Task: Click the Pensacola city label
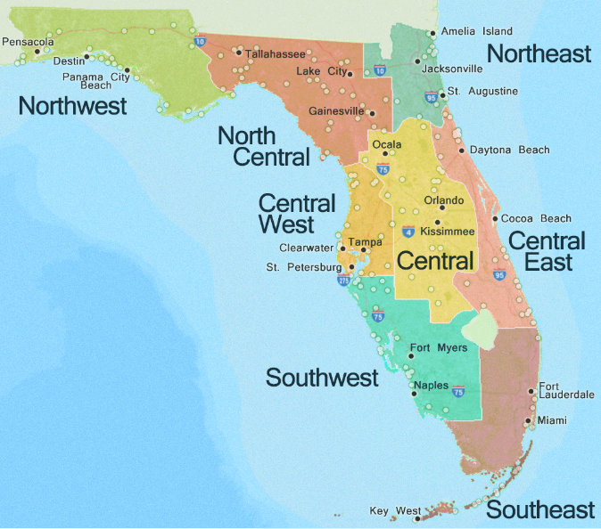coord(29,41)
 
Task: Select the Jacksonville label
coord(453,69)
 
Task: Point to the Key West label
coord(395,511)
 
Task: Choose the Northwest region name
coord(73,107)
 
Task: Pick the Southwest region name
coord(322,378)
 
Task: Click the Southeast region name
coord(539,510)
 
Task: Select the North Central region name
coord(264,146)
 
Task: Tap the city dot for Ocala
coord(385,152)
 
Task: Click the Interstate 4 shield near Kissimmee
coord(408,232)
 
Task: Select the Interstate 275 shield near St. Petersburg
coord(344,281)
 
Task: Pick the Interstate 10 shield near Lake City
coord(380,69)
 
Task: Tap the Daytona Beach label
coord(509,150)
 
